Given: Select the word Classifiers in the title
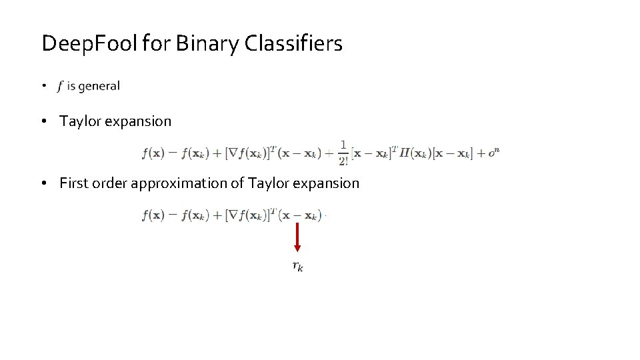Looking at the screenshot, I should coord(294,44).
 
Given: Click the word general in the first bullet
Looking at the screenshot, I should coord(99,86).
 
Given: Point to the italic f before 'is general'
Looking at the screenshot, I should coord(61,86).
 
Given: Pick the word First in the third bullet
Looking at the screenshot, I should coord(73,183).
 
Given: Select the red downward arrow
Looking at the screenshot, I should coord(297,237).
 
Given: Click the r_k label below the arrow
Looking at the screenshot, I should coord(298,267).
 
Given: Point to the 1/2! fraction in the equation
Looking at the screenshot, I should coord(343,153).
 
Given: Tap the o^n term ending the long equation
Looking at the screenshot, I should coord(493,153).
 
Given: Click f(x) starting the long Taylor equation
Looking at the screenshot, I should coord(153,153).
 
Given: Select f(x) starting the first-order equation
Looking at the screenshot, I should coord(153,215).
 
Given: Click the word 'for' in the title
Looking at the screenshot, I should coord(147,44).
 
